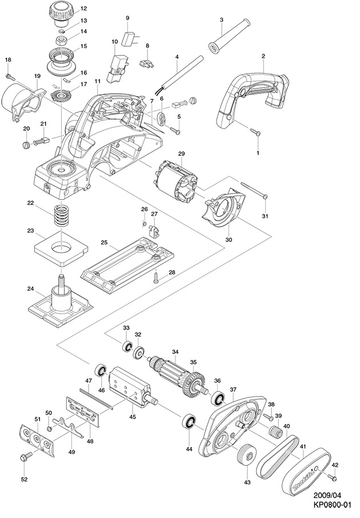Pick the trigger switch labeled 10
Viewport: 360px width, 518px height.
[x=121, y=59]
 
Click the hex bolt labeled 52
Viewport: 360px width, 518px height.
[x=26, y=457]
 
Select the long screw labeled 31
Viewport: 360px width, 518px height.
[x=254, y=191]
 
